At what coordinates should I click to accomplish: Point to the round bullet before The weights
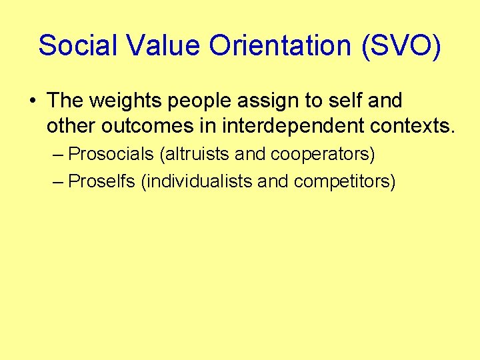33,101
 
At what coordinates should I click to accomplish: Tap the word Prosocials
111,155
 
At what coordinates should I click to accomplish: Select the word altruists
195,155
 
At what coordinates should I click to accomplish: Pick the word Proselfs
102,181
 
